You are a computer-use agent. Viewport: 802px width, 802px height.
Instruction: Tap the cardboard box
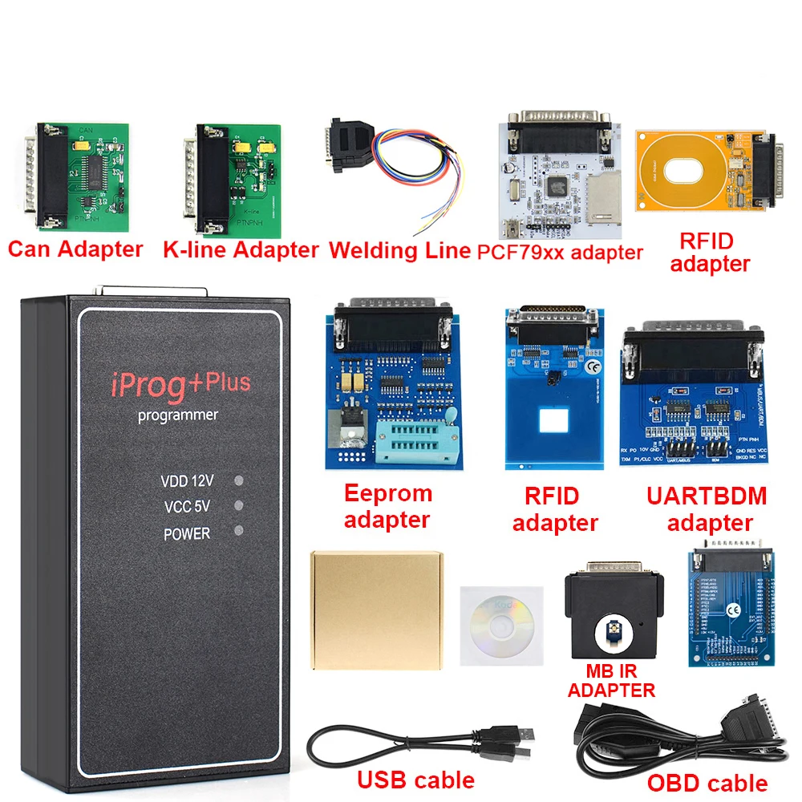tap(375, 610)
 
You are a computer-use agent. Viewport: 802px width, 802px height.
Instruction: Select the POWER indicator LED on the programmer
tap(238, 531)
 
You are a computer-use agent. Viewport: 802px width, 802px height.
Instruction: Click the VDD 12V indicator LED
tap(238, 481)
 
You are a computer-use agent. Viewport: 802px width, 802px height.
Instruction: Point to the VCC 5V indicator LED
tap(238, 506)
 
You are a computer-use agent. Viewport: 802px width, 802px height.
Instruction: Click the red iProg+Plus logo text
tap(180, 383)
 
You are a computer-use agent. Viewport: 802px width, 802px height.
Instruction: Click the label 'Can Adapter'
tap(75, 249)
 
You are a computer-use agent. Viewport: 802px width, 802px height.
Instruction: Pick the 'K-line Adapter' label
tap(241, 249)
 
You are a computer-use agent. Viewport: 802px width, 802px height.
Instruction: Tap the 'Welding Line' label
tap(399, 249)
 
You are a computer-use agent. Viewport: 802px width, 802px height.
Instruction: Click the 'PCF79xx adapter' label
tap(560, 252)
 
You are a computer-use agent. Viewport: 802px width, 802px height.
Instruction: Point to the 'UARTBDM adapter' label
tap(707, 509)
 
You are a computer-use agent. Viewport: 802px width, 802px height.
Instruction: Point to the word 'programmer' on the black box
tap(178, 415)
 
